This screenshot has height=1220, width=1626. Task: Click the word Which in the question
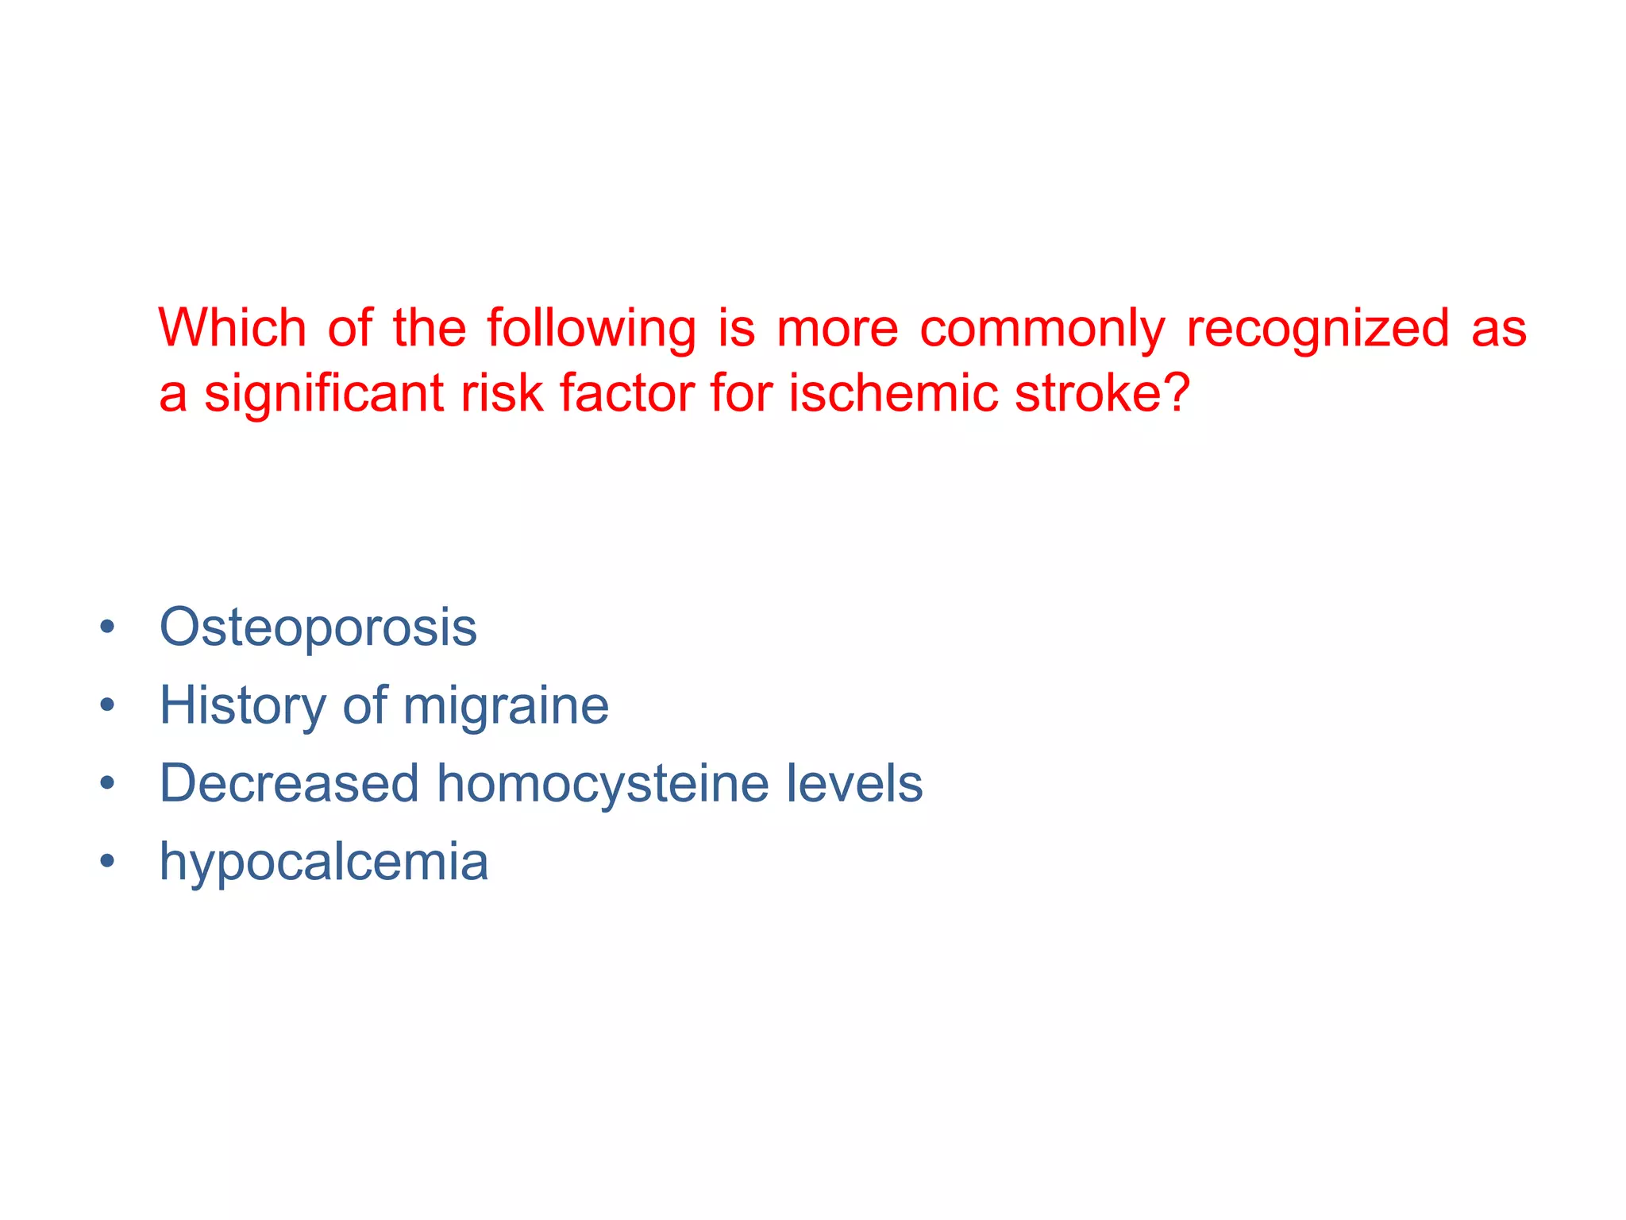[x=232, y=328]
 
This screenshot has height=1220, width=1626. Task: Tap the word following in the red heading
[x=591, y=330]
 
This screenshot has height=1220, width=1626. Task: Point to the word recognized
[x=1317, y=330]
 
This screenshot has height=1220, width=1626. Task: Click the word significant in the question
[x=323, y=395]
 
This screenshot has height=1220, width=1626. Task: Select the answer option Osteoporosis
[x=318, y=627]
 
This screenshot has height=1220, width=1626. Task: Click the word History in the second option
[x=242, y=706]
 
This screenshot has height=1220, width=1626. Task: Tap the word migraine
[x=505, y=706]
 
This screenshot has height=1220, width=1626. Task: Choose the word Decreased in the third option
[x=289, y=783]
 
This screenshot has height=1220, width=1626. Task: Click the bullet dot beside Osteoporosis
[x=108, y=628]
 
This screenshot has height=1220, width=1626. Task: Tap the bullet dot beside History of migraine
[x=108, y=705]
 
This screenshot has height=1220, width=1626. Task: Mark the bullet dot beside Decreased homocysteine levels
[x=108, y=784]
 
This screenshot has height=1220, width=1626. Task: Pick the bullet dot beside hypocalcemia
[x=108, y=861]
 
